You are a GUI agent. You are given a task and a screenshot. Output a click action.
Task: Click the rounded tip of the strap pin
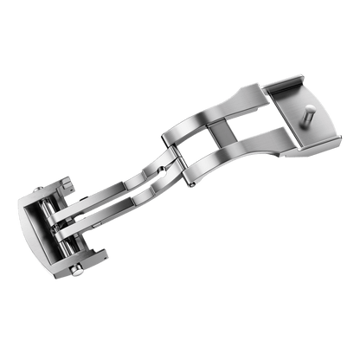(308, 111)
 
